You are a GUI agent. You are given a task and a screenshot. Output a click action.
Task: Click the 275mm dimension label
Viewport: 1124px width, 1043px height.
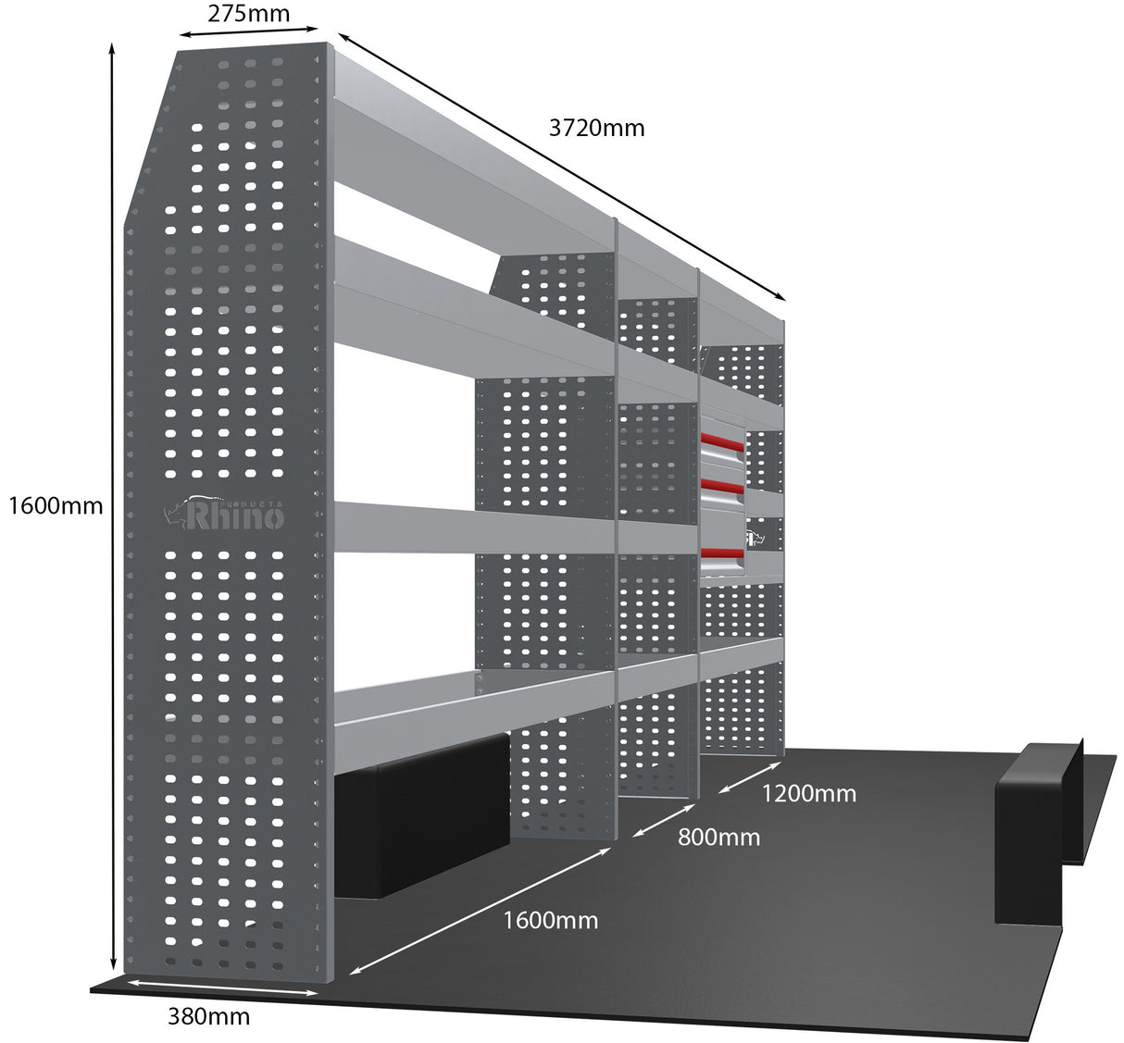(x=248, y=14)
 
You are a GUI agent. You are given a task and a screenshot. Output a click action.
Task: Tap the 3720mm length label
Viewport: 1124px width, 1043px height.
(x=596, y=128)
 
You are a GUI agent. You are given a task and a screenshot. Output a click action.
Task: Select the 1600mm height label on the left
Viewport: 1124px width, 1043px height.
(x=54, y=505)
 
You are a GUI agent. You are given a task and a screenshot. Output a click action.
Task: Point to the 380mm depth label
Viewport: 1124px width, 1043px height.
(x=208, y=1016)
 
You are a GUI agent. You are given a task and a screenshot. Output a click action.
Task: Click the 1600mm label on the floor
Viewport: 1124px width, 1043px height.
(x=550, y=920)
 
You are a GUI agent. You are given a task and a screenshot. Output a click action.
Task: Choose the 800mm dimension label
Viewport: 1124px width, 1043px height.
(x=718, y=838)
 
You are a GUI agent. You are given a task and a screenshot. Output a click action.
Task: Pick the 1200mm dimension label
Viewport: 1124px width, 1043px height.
(x=808, y=793)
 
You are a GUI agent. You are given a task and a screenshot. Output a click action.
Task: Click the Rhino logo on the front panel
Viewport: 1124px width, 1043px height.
(x=225, y=514)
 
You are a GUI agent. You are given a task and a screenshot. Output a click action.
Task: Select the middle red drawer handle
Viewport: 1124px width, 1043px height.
(x=722, y=486)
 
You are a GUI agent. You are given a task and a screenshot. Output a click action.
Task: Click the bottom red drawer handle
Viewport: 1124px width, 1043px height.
(x=722, y=554)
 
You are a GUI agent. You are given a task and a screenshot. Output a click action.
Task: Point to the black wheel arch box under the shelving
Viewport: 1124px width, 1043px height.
(x=421, y=814)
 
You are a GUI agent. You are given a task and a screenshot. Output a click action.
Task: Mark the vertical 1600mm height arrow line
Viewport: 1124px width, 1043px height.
(x=113, y=505)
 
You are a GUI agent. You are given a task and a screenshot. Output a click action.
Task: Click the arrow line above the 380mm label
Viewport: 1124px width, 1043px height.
(x=222, y=987)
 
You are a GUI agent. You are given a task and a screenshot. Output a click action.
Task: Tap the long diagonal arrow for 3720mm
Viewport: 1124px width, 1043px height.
(x=561, y=167)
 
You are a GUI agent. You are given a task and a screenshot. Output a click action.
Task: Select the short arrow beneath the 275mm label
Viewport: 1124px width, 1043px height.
(x=248, y=31)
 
